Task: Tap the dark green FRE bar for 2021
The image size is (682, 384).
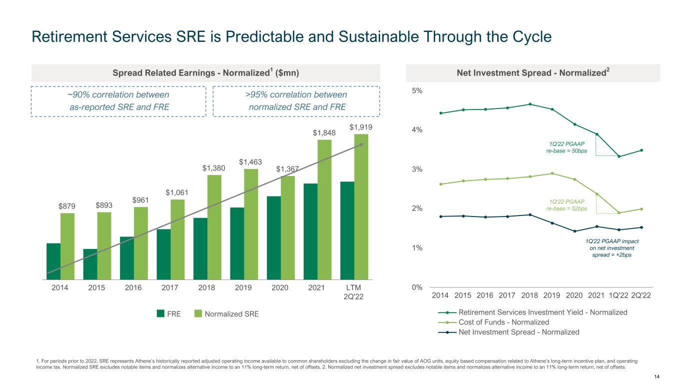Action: point(310,231)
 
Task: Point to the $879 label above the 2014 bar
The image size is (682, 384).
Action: point(67,206)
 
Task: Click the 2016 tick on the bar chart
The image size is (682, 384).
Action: point(133,288)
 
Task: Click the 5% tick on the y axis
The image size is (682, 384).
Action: point(418,90)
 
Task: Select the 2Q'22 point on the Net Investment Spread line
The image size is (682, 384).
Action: point(641,227)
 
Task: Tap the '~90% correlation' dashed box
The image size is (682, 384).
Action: point(118,100)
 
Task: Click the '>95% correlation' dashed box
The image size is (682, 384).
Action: point(296,100)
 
